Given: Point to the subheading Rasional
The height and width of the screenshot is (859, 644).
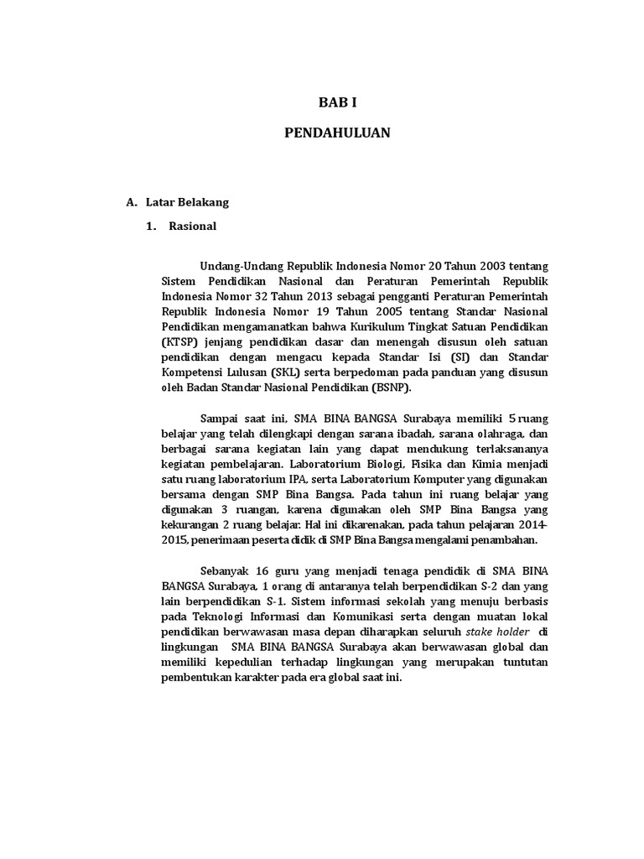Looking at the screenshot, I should tap(192, 226).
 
